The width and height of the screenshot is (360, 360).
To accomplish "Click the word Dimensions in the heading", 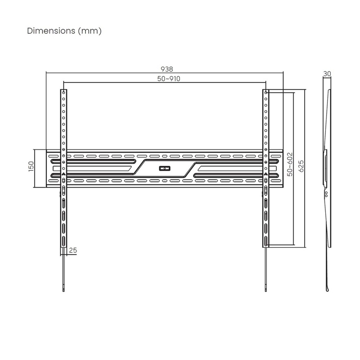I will point(49,31).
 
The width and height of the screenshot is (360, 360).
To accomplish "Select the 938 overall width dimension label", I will point(167,69).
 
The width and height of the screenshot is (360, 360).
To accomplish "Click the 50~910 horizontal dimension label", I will point(168,79).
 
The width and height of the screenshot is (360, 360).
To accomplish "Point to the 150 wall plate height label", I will point(31,166).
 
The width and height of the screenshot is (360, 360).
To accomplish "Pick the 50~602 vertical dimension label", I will point(290,164).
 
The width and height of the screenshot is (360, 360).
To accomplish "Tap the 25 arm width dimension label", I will point(73,251).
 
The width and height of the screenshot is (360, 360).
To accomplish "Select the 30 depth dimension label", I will point(327,74).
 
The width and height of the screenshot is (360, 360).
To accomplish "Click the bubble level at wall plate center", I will point(165,168).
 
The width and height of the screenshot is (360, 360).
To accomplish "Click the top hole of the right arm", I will point(266,92).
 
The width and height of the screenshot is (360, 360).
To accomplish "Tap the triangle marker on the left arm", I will point(64,174).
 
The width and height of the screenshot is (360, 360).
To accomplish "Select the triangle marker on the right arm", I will point(266,174).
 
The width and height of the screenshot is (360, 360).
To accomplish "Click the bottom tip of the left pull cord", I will point(64,290).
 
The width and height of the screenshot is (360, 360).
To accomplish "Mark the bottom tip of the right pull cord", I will point(266,290).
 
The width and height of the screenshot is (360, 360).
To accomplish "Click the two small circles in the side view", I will point(327,194).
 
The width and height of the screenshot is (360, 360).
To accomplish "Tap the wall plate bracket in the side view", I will point(325,167).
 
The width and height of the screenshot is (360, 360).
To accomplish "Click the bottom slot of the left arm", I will point(64,241).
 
